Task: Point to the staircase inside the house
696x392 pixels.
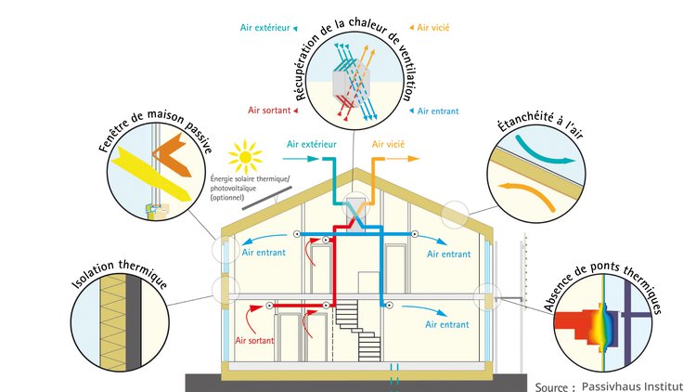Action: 355,331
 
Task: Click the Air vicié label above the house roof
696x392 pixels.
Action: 390,144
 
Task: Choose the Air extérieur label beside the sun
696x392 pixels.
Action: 311,144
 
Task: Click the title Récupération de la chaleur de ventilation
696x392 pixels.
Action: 358,61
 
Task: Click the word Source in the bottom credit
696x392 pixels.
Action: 555,384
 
